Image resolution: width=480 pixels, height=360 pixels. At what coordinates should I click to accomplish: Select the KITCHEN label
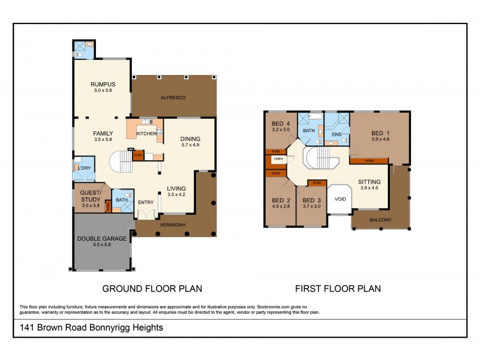tap(146, 133)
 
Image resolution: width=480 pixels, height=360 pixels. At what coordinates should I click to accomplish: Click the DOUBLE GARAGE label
tap(101, 238)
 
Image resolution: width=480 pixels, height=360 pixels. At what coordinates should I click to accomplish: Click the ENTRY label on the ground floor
tap(146, 202)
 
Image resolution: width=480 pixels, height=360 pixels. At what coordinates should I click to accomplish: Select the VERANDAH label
tap(172, 225)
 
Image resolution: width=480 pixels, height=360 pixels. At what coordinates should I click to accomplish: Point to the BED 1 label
tap(380, 133)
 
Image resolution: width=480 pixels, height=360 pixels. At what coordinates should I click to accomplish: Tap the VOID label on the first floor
tap(340, 199)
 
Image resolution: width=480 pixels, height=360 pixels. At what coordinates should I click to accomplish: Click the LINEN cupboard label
tap(278, 159)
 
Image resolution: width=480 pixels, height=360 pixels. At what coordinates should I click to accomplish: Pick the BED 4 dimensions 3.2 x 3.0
tap(281, 129)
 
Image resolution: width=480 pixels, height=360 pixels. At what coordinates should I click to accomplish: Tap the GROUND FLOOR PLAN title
tap(152, 288)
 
